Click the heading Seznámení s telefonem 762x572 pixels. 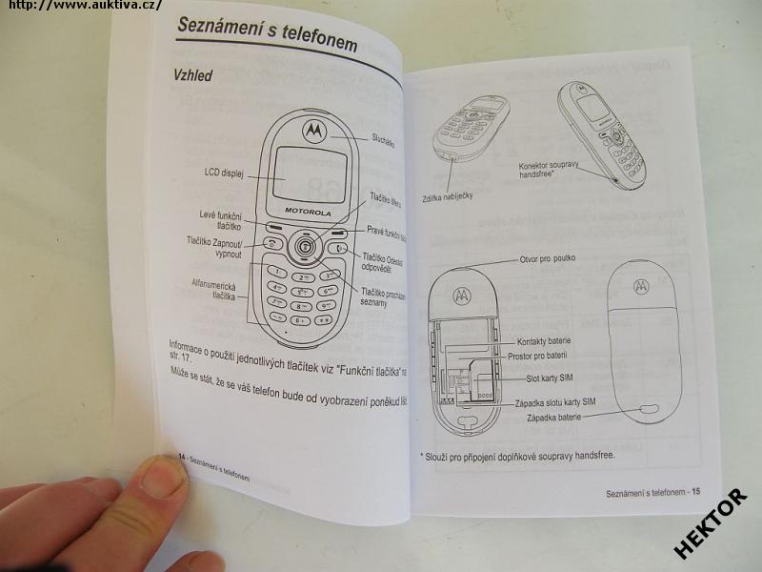pos(267,34)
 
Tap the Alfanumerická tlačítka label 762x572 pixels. pos(215,290)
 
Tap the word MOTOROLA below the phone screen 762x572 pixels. pos(308,211)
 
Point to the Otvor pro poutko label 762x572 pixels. pos(547,258)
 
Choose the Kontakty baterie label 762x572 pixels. pos(544,341)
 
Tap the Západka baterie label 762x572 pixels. pos(556,417)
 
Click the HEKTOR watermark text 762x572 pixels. pos(710,523)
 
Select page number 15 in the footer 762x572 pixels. pos(695,492)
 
